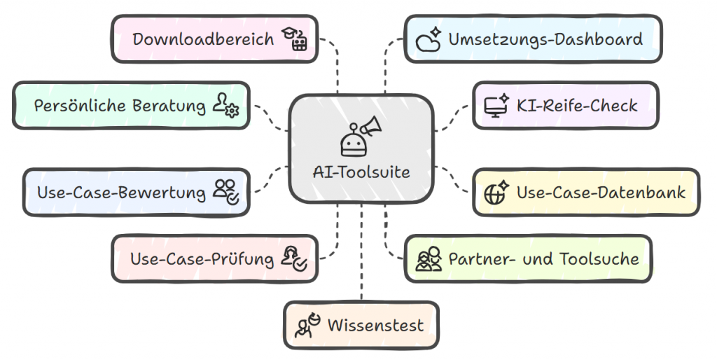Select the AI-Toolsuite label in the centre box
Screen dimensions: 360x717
coord(361,172)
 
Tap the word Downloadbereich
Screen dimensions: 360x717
coord(203,39)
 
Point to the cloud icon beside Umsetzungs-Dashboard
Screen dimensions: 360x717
coord(428,39)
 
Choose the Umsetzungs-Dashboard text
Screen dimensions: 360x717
coord(545,39)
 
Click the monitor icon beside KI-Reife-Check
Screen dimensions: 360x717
coord(496,106)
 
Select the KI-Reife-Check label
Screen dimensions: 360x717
coord(577,106)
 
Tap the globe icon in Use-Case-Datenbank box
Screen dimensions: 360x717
coord(496,192)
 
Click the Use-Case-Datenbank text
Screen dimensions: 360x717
coord(601,192)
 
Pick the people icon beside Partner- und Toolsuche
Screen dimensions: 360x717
coord(429,258)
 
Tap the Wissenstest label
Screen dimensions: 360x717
coord(375,326)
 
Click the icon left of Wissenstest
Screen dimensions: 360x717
coord(307,326)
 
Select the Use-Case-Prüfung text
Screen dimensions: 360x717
coord(202,259)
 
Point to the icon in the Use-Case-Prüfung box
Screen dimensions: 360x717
coord(293,258)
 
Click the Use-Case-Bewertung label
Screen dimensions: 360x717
coord(121,192)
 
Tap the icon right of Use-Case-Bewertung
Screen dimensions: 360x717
coord(226,191)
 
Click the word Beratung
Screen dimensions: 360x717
coord(168,106)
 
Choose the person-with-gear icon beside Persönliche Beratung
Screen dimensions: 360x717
coord(225,106)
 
